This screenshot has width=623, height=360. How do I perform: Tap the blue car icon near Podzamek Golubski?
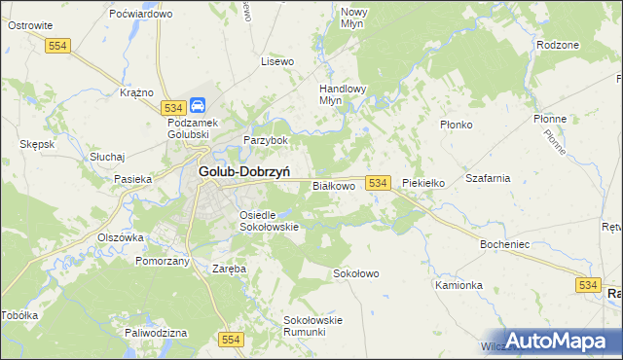(x=198, y=105)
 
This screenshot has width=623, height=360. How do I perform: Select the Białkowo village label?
(x=334, y=185)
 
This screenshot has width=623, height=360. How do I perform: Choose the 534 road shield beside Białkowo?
(x=380, y=183)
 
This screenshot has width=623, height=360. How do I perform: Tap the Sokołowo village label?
(x=356, y=274)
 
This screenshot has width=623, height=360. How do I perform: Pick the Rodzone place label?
(x=558, y=45)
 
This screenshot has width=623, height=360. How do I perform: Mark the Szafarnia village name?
(x=489, y=179)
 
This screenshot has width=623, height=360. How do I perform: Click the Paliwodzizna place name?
(x=156, y=333)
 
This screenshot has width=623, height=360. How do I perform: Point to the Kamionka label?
(x=459, y=286)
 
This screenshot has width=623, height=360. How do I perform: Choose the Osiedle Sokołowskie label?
(x=268, y=220)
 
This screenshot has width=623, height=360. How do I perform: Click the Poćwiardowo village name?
(x=141, y=15)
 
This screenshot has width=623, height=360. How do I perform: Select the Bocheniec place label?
(x=504, y=244)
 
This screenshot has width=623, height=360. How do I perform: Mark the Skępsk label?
(x=37, y=144)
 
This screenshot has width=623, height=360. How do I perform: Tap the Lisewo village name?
(x=277, y=61)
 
